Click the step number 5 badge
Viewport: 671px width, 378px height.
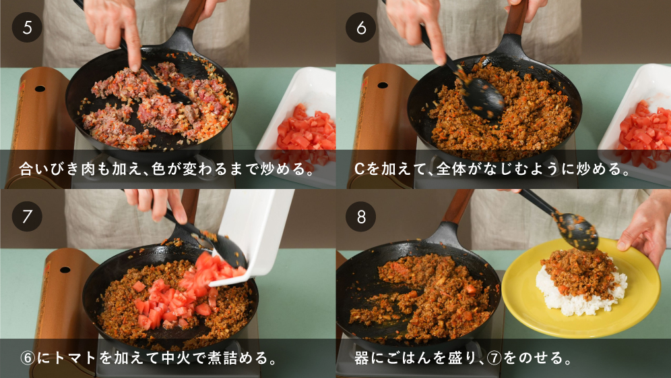pos(27,28)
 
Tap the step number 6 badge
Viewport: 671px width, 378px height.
pos(360,28)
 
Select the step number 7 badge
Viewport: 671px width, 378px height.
pos(27,217)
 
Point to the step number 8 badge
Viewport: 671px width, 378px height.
pos(360,217)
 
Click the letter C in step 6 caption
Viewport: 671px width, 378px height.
pos(359,169)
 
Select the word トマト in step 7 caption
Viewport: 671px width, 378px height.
pos(75,358)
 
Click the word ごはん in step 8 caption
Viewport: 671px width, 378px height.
pos(409,358)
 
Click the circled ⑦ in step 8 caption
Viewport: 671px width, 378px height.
pos(494,358)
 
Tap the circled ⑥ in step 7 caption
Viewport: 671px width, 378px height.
pos(28,358)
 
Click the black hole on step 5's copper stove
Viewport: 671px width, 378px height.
pos(40,88)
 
